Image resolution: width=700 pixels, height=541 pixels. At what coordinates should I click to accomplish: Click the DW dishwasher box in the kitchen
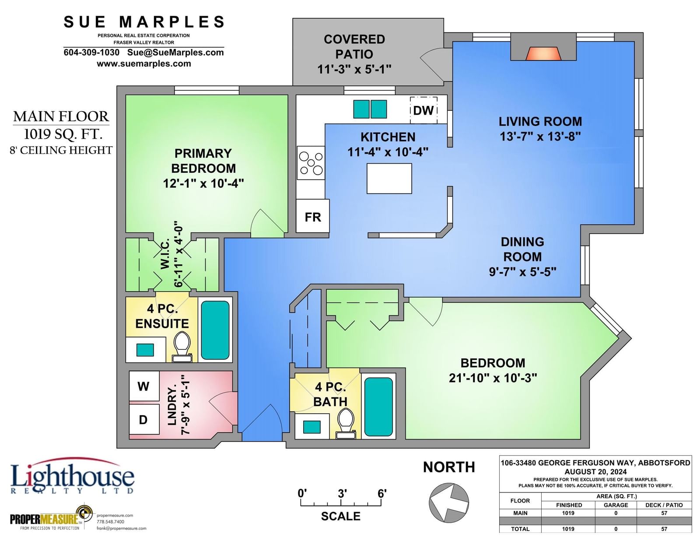[423, 110]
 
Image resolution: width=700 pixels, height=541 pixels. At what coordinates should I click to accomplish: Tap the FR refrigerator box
[312, 216]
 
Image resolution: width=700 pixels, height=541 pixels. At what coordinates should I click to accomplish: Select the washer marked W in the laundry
[144, 386]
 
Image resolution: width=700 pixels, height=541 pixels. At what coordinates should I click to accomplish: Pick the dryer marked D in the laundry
[144, 419]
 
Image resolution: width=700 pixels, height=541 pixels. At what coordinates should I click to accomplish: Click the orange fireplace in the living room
[543, 53]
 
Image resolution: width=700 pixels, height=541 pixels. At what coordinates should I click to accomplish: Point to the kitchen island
[389, 179]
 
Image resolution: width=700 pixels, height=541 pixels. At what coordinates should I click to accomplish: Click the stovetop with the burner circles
[311, 163]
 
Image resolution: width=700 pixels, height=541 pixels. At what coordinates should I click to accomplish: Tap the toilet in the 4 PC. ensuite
[182, 347]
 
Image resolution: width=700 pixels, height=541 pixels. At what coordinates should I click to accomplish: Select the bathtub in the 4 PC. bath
[378, 407]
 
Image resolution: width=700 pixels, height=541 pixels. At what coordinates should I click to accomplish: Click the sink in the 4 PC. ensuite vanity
[145, 350]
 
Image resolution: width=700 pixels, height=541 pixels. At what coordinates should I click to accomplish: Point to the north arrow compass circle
[449, 502]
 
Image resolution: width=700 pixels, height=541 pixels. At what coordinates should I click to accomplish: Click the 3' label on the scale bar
[342, 493]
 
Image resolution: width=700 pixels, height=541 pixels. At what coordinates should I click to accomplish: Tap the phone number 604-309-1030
[91, 52]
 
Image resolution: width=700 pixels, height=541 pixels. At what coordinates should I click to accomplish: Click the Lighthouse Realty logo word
[73, 477]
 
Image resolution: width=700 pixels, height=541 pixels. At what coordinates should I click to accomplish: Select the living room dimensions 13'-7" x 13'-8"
[540, 137]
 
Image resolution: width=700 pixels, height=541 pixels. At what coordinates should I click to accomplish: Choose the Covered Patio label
[354, 47]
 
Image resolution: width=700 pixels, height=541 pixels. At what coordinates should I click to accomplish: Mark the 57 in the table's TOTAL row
[664, 529]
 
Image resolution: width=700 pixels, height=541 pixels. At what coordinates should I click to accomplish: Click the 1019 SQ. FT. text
[63, 134]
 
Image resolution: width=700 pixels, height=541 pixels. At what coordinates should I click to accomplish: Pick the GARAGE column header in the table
[616, 505]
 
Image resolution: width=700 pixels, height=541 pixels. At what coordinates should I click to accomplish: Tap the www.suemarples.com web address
[143, 63]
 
